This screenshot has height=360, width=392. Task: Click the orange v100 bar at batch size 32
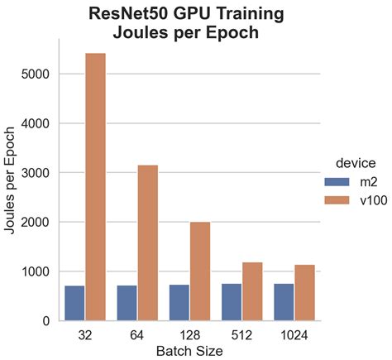[95, 187]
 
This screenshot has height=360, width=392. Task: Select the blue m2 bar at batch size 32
[74, 303]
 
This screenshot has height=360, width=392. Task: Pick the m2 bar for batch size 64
[127, 303]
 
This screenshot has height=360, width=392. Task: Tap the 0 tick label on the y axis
[46, 321]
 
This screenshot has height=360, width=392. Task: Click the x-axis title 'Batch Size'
[189, 351]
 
